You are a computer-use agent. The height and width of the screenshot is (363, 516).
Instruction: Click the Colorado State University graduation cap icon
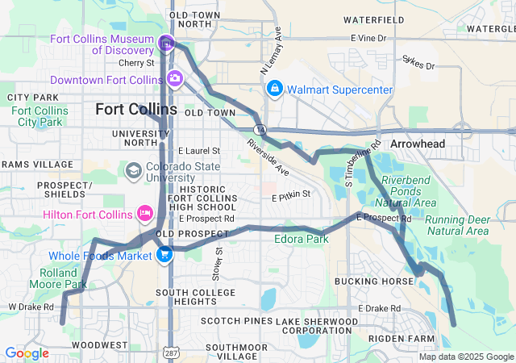[x=133, y=171]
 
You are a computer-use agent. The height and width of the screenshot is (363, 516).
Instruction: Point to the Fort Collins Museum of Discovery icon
[x=166, y=43]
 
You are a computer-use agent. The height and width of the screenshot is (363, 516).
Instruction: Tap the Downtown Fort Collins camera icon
[x=174, y=78]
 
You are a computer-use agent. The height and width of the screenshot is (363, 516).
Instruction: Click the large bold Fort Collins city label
[x=135, y=109]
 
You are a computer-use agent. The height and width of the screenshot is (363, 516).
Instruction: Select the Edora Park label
[x=302, y=240]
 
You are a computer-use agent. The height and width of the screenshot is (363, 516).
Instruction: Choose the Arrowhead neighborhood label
[x=418, y=144]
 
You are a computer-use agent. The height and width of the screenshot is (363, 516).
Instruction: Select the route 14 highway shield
[x=259, y=129]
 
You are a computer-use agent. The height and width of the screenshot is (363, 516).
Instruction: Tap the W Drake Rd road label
[x=31, y=307]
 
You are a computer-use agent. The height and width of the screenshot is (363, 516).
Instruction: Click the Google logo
[x=26, y=353]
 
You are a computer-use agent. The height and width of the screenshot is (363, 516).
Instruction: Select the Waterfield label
[x=373, y=19]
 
